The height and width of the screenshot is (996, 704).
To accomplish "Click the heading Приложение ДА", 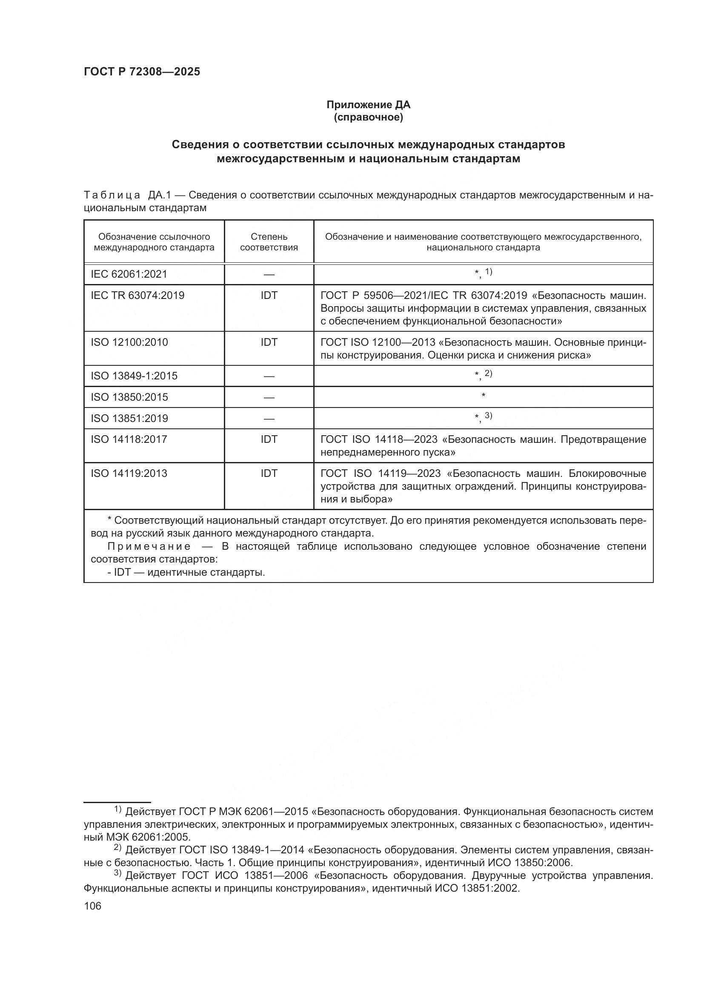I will coord(368,105).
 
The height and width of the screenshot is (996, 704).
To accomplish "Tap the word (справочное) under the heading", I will coord(368,118).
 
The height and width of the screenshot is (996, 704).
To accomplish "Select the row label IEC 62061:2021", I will coord(129,274).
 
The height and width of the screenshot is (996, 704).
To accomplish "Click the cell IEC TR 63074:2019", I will coord(137,296).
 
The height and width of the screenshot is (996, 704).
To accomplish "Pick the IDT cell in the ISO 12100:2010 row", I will coord(269,342).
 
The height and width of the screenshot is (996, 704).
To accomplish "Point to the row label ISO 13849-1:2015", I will coord(134,376).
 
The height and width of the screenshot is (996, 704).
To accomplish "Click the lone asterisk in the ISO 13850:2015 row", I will coord(483,396).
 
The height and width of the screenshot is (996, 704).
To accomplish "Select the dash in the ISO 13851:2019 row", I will coord(269,419).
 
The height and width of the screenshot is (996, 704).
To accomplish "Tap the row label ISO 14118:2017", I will coord(129,439).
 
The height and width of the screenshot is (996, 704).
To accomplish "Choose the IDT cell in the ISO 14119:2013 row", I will coord(269,473).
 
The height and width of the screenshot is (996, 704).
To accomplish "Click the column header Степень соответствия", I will coord(269,242).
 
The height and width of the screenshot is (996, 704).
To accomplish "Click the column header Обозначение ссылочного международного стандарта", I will coord(154,242).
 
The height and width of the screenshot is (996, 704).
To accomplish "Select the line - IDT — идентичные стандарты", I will coord(186,573).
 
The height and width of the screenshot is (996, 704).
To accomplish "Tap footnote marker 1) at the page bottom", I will coord(118,809).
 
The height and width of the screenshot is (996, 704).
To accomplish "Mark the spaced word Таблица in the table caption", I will coord(112,195).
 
